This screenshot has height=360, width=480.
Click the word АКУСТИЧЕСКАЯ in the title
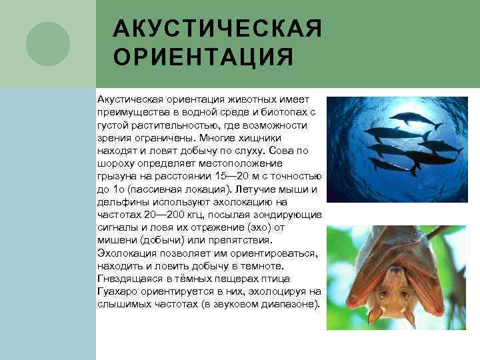217,29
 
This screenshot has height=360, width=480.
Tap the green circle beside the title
47,44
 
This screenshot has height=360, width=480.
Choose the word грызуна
117,175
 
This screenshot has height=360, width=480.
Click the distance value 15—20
238,175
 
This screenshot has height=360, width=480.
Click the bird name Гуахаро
117,291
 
